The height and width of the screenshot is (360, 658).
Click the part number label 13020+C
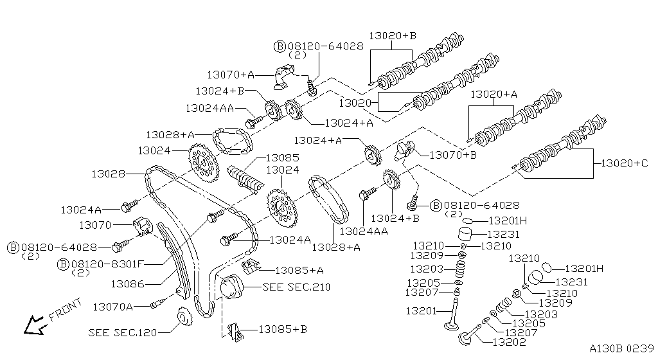pos(625,163)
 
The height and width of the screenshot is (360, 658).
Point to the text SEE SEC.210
pos(296,287)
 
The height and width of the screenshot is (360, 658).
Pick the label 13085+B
pos(283,329)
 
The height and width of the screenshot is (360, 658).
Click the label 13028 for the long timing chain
pos(107,174)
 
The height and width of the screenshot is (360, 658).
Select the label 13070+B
pos(453,154)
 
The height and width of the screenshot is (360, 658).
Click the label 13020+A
pos(493,94)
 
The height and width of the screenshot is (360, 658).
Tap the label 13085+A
pos(299,270)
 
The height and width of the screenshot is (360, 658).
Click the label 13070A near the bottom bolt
pos(112,307)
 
